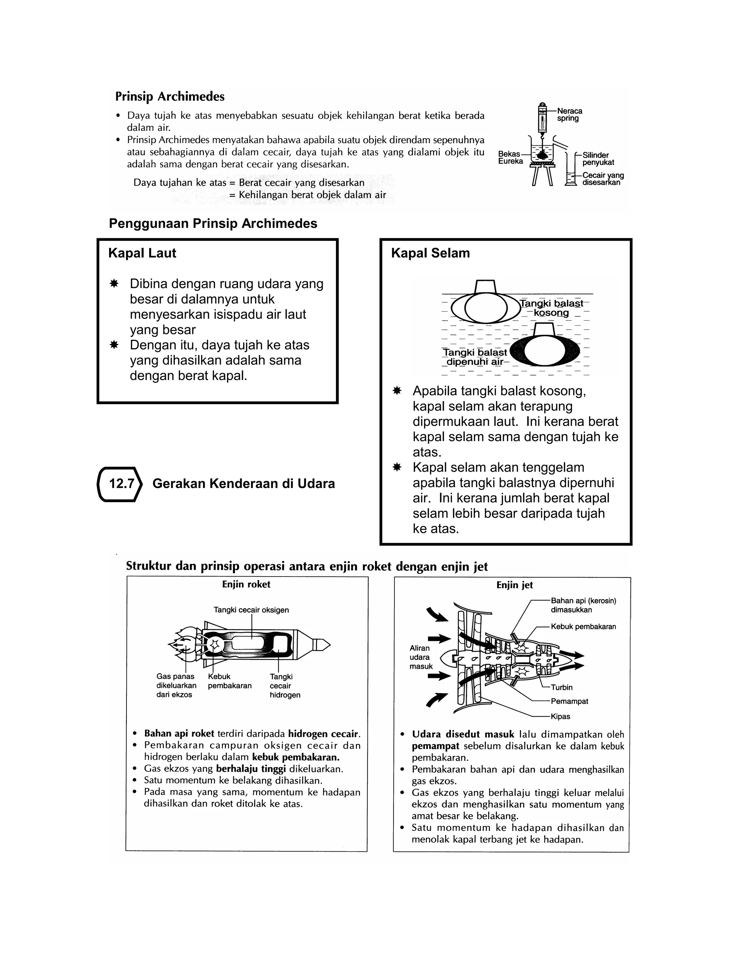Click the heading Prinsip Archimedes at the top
point(170,97)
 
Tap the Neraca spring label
point(569,115)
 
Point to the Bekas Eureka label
point(510,158)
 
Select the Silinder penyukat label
point(598,159)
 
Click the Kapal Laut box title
point(142,253)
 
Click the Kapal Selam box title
point(430,253)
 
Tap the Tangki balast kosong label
point(551,308)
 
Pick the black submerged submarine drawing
point(545,352)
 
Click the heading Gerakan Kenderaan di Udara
point(243,483)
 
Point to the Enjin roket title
point(246,584)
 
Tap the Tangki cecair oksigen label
point(251,610)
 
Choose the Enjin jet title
point(514,585)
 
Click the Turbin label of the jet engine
point(562,687)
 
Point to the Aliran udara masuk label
point(421,657)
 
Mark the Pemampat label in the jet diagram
point(569,701)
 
